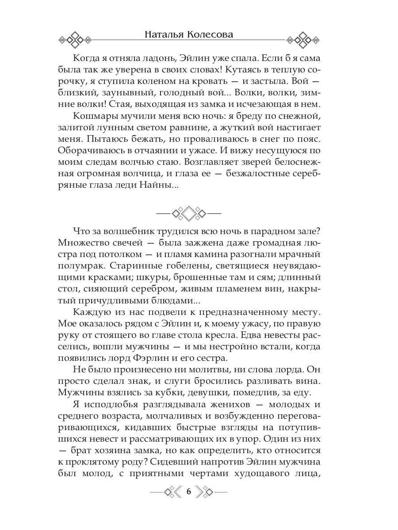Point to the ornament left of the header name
pyautogui.click(x=75, y=39)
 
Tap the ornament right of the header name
pyautogui.click(x=303, y=39)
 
